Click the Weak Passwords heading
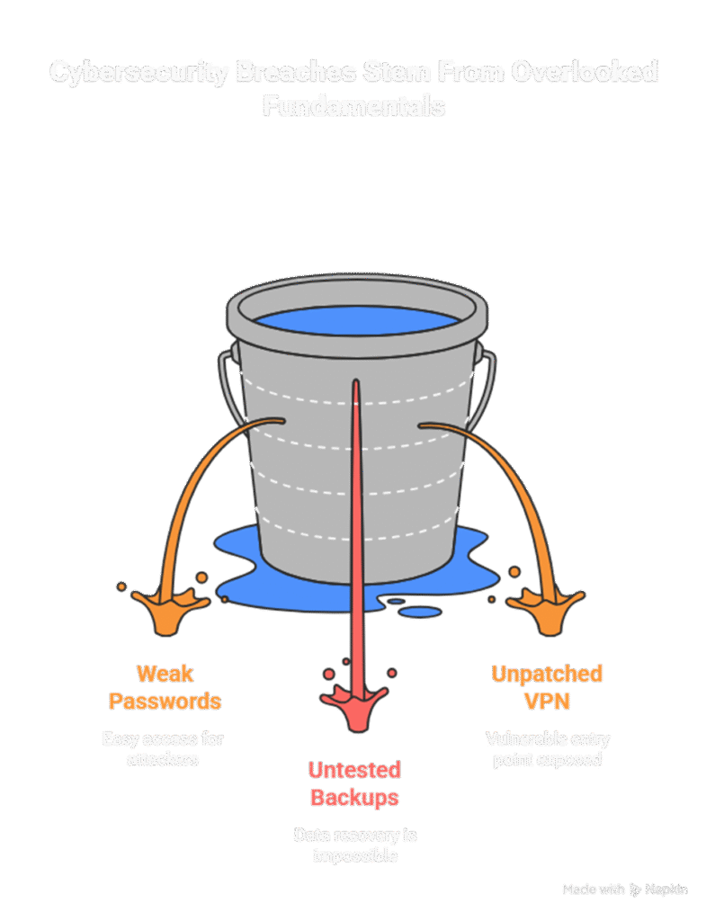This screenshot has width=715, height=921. click(x=165, y=686)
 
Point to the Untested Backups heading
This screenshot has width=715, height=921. click(x=354, y=783)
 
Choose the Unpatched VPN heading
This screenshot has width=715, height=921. click(x=547, y=686)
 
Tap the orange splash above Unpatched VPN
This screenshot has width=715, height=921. click(x=537, y=608)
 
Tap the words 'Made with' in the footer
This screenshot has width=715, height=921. click(x=593, y=890)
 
